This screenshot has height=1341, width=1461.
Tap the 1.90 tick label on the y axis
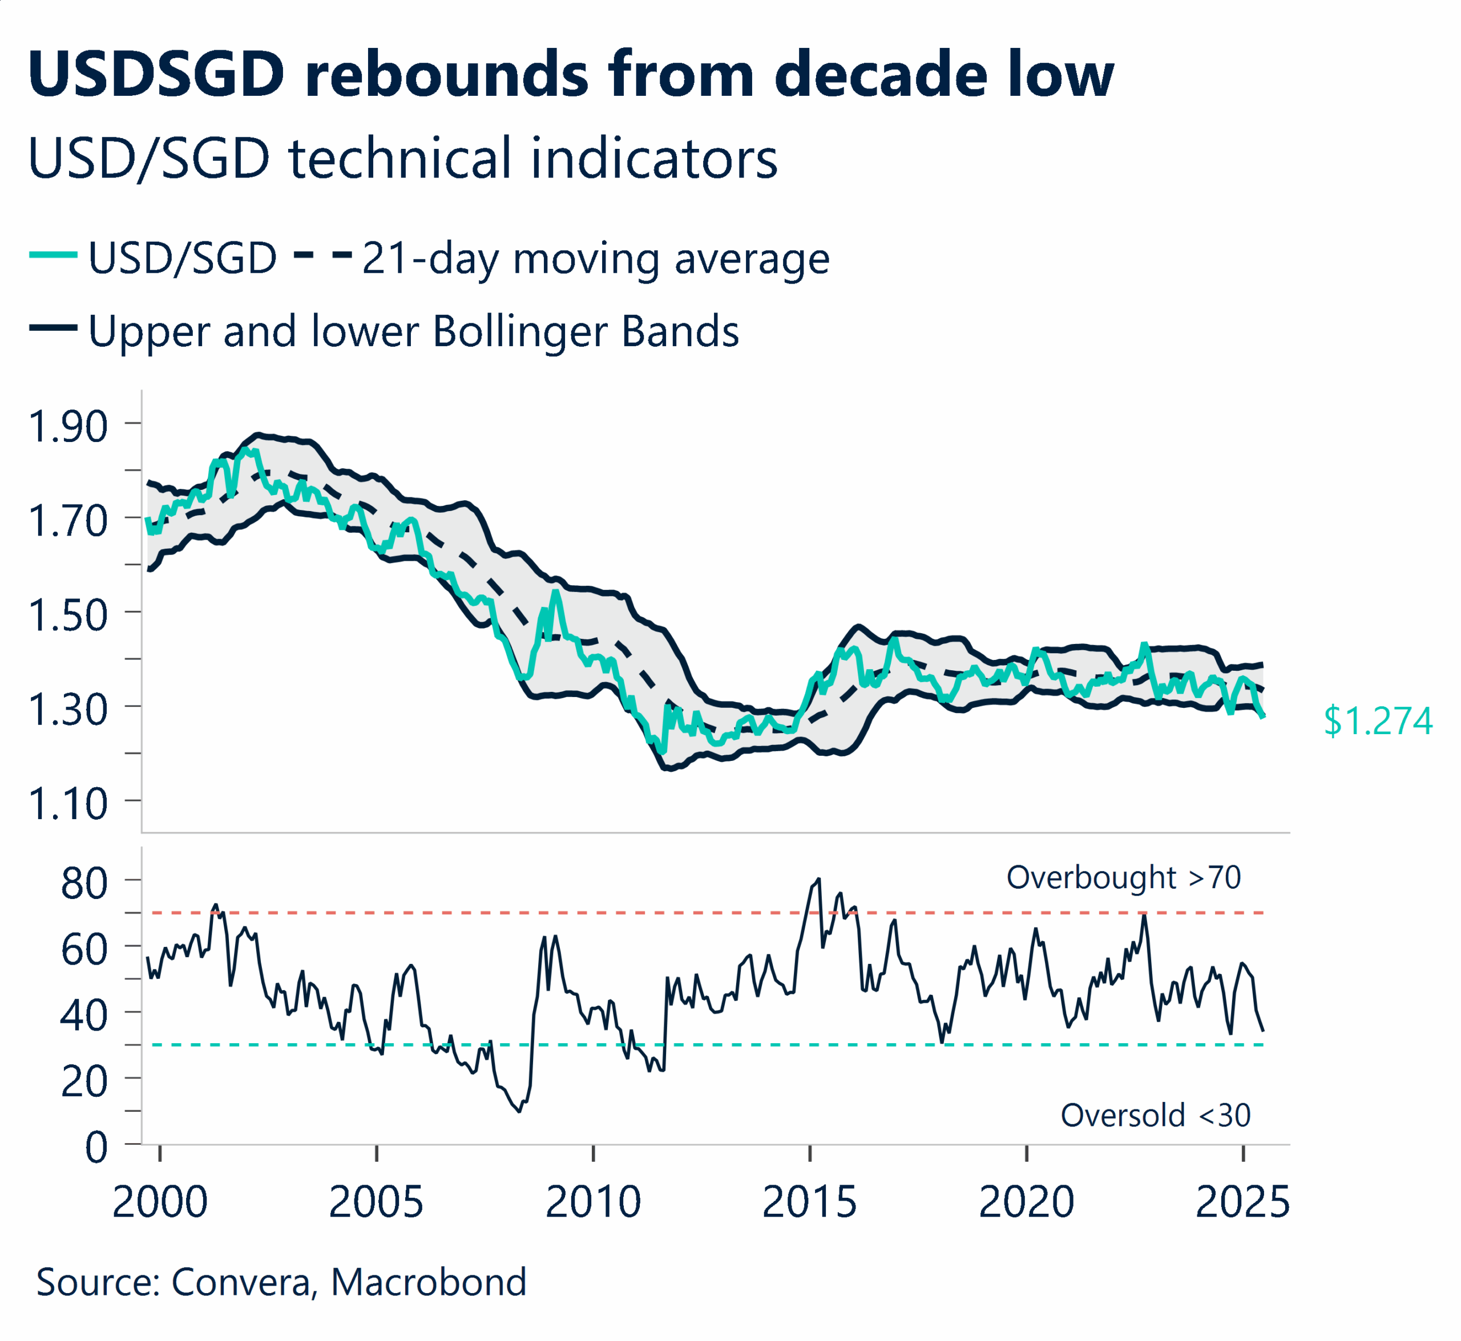pyautogui.click(x=67, y=427)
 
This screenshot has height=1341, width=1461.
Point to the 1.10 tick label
pyautogui.click(x=67, y=804)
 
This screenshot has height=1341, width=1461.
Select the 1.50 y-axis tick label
pyautogui.click(x=67, y=615)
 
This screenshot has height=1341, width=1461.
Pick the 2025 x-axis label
pyautogui.click(x=1242, y=1202)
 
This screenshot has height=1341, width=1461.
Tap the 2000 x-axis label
pyautogui.click(x=160, y=1202)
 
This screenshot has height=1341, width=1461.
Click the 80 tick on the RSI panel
pyautogui.click(x=84, y=884)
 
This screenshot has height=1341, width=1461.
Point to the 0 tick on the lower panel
pyautogui.click(x=96, y=1148)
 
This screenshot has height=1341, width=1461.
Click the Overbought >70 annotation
pyautogui.click(x=1123, y=877)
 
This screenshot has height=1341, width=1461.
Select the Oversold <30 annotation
pyautogui.click(x=1155, y=1115)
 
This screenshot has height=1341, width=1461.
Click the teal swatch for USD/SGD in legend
pyautogui.click(x=53, y=255)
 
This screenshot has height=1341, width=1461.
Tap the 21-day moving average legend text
pyautogui.click(x=595, y=258)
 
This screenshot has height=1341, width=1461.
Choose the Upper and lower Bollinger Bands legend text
pyautogui.click(x=413, y=331)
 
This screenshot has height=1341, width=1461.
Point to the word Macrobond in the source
pyautogui.click(x=429, y=1282)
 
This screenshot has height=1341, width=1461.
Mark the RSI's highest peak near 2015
pyautogui.click(x=819, y=880)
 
